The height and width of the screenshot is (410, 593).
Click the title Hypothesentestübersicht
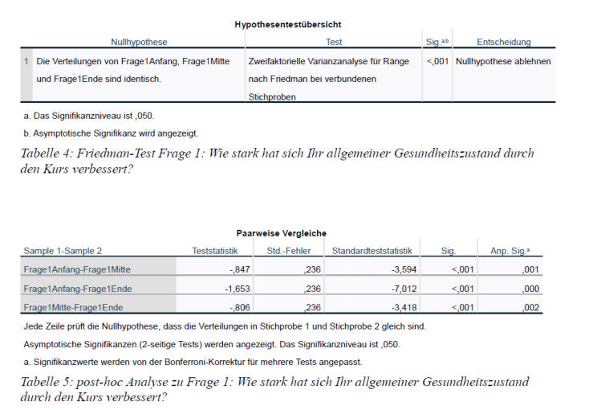[287, 24]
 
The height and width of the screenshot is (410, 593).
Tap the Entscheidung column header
[504, 41]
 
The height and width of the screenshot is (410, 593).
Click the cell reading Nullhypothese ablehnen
[503, 62]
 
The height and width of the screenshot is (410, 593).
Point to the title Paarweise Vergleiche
[281, 233]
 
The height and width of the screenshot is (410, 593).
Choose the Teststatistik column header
[215, 251]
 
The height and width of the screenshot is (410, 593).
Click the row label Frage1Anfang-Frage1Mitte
[77, 269]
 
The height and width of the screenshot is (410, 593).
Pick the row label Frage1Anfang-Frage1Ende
[77, 289]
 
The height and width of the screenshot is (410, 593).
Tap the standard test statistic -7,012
[396, 289]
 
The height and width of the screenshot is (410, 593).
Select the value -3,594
[396, 269]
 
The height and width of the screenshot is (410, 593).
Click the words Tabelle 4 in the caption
[47, 154]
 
